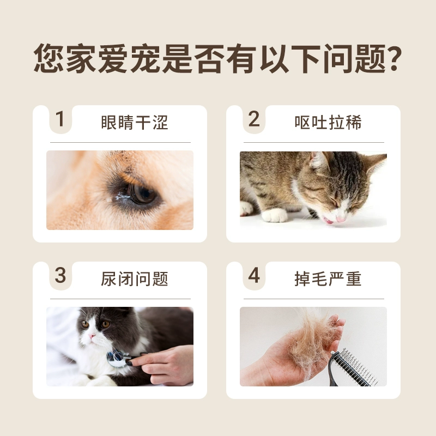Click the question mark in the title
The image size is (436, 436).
392,58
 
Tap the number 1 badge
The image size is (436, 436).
60,119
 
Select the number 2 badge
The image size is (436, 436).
254,119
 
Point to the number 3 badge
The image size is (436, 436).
60,276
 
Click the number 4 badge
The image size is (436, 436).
254,276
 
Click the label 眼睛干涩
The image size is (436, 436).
134,122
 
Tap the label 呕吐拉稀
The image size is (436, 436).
328,122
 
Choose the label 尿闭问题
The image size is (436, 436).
134,279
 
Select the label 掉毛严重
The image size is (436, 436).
328,279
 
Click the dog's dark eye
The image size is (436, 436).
141,193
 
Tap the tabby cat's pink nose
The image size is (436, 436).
341,219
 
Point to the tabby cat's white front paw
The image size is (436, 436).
275,215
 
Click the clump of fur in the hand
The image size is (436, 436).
314,339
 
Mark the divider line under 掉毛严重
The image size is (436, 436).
314,299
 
